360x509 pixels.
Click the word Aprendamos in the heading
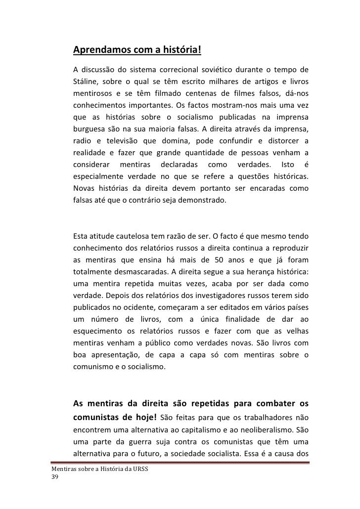(x=100, y=51)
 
